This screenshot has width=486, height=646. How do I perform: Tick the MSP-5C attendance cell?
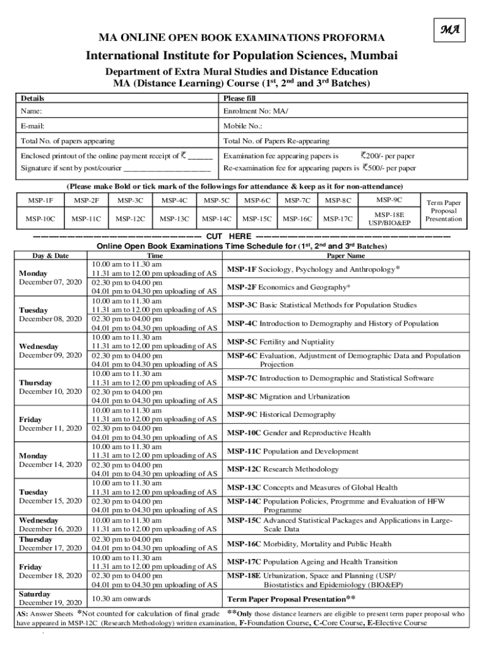tap(216, 201)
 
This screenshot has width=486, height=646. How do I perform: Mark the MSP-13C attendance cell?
tap(174, 219)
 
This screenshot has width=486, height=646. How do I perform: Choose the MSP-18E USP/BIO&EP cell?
tap(389, 219)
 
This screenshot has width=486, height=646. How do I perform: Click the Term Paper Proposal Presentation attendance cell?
tap(443, 211)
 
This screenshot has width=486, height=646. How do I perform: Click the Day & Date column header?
tap(50, 255)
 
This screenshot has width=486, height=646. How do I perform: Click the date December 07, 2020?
tap(50, 281)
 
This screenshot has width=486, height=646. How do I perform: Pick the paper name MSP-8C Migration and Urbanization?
tap(288, 397)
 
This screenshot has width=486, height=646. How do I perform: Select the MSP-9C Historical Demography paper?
tap(282, 414)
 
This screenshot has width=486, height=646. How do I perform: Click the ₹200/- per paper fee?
tap(388, 156)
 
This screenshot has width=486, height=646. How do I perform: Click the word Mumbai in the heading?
tap(374, 56)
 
